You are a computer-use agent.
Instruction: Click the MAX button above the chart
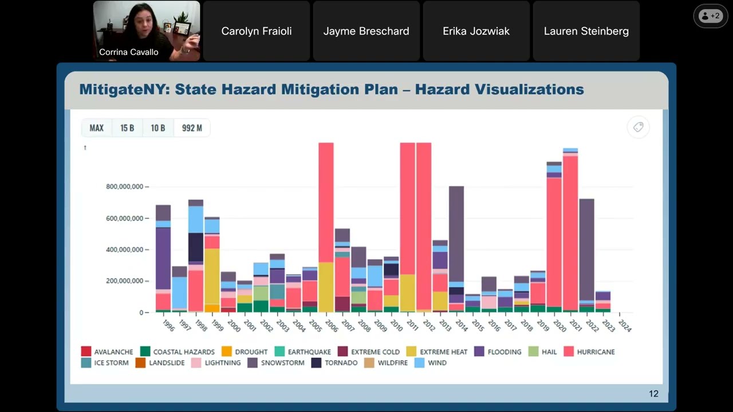(97, 128)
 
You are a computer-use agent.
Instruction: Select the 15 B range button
(127, 128)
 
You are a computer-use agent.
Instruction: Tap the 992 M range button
(192, 128)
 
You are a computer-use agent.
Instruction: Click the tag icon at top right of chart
(638, 127)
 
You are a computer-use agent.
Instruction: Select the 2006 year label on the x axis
(331, 325)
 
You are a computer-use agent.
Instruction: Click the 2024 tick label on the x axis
(625, 325)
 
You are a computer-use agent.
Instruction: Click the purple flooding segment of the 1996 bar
(163, 257)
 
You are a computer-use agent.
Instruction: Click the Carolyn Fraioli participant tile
(257, 31)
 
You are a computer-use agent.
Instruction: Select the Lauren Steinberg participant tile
(586, 31)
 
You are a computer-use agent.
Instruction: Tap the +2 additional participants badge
(710, 16)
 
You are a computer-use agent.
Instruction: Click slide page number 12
(653, 394)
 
